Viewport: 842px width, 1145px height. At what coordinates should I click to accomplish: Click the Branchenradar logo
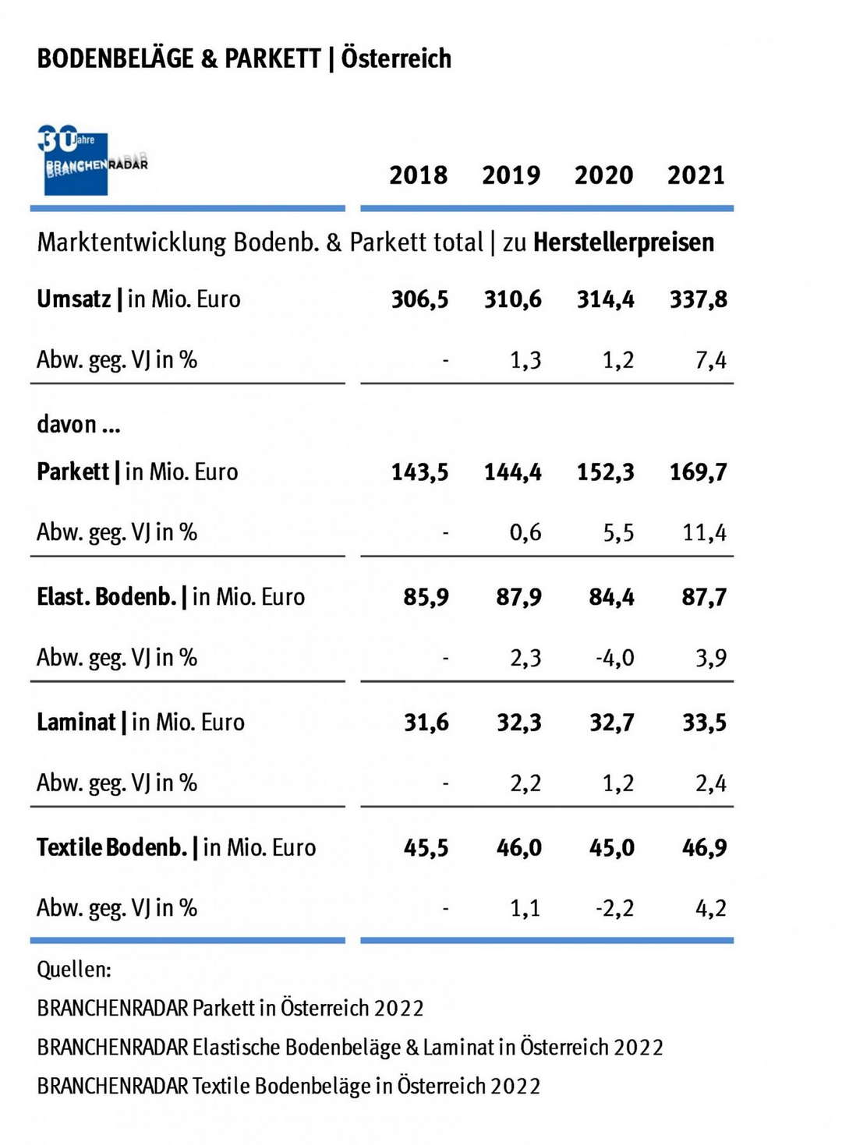pyautogui.click(x=92, y=161)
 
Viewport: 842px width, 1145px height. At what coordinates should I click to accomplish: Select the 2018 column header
pyautogui.click(x=419, y=175)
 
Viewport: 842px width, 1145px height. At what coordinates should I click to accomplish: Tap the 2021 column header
pyautogui.click(x=696, y=175)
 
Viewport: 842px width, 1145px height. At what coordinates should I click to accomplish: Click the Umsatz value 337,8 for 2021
pyautogui.click(x=699, y=299)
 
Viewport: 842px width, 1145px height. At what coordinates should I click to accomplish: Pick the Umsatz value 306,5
pyautogui.click(x=419, y=299)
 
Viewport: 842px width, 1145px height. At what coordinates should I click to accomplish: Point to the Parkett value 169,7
pyautogui.click(x=699, y=472)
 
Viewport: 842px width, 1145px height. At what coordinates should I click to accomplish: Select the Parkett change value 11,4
pyautogui.click(x=704, y=533)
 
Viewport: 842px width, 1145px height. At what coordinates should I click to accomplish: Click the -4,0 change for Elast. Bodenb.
pyautogui.click(x=614, y=658)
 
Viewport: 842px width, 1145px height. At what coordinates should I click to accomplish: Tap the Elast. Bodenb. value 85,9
pyautogui.click(x=426, y=598)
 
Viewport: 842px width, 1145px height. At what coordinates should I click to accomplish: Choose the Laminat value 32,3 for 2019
pyautogui.click(x=519, y=723)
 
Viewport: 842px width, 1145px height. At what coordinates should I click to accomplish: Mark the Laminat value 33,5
pyautogui.click(x=704, y=723)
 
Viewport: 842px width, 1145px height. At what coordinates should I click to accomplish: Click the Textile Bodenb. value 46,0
pyautogui.click(x=519, y=848)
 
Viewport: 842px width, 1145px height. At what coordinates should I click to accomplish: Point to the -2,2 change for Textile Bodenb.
pyautogui.click(x=614, y=909)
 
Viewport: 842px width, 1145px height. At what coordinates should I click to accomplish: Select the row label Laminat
pyautogui.click(x=76, y=723)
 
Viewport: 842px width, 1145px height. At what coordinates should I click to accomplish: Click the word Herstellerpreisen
pyautogui.click(x=624, y=243)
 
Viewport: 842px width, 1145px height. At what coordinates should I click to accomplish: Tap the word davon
pyautogui.click(x=67, y=425)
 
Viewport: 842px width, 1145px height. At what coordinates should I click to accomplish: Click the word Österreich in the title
pyautogui.click(x=396, y=58)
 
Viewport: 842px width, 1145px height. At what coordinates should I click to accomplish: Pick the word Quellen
pyautogui.click(x=74, y=970)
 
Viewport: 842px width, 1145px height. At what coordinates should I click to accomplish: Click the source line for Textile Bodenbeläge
pyautogui.click(x=288, y=1086)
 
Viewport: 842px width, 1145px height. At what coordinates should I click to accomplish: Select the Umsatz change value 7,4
pyautogui.click(x=710, y=360)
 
